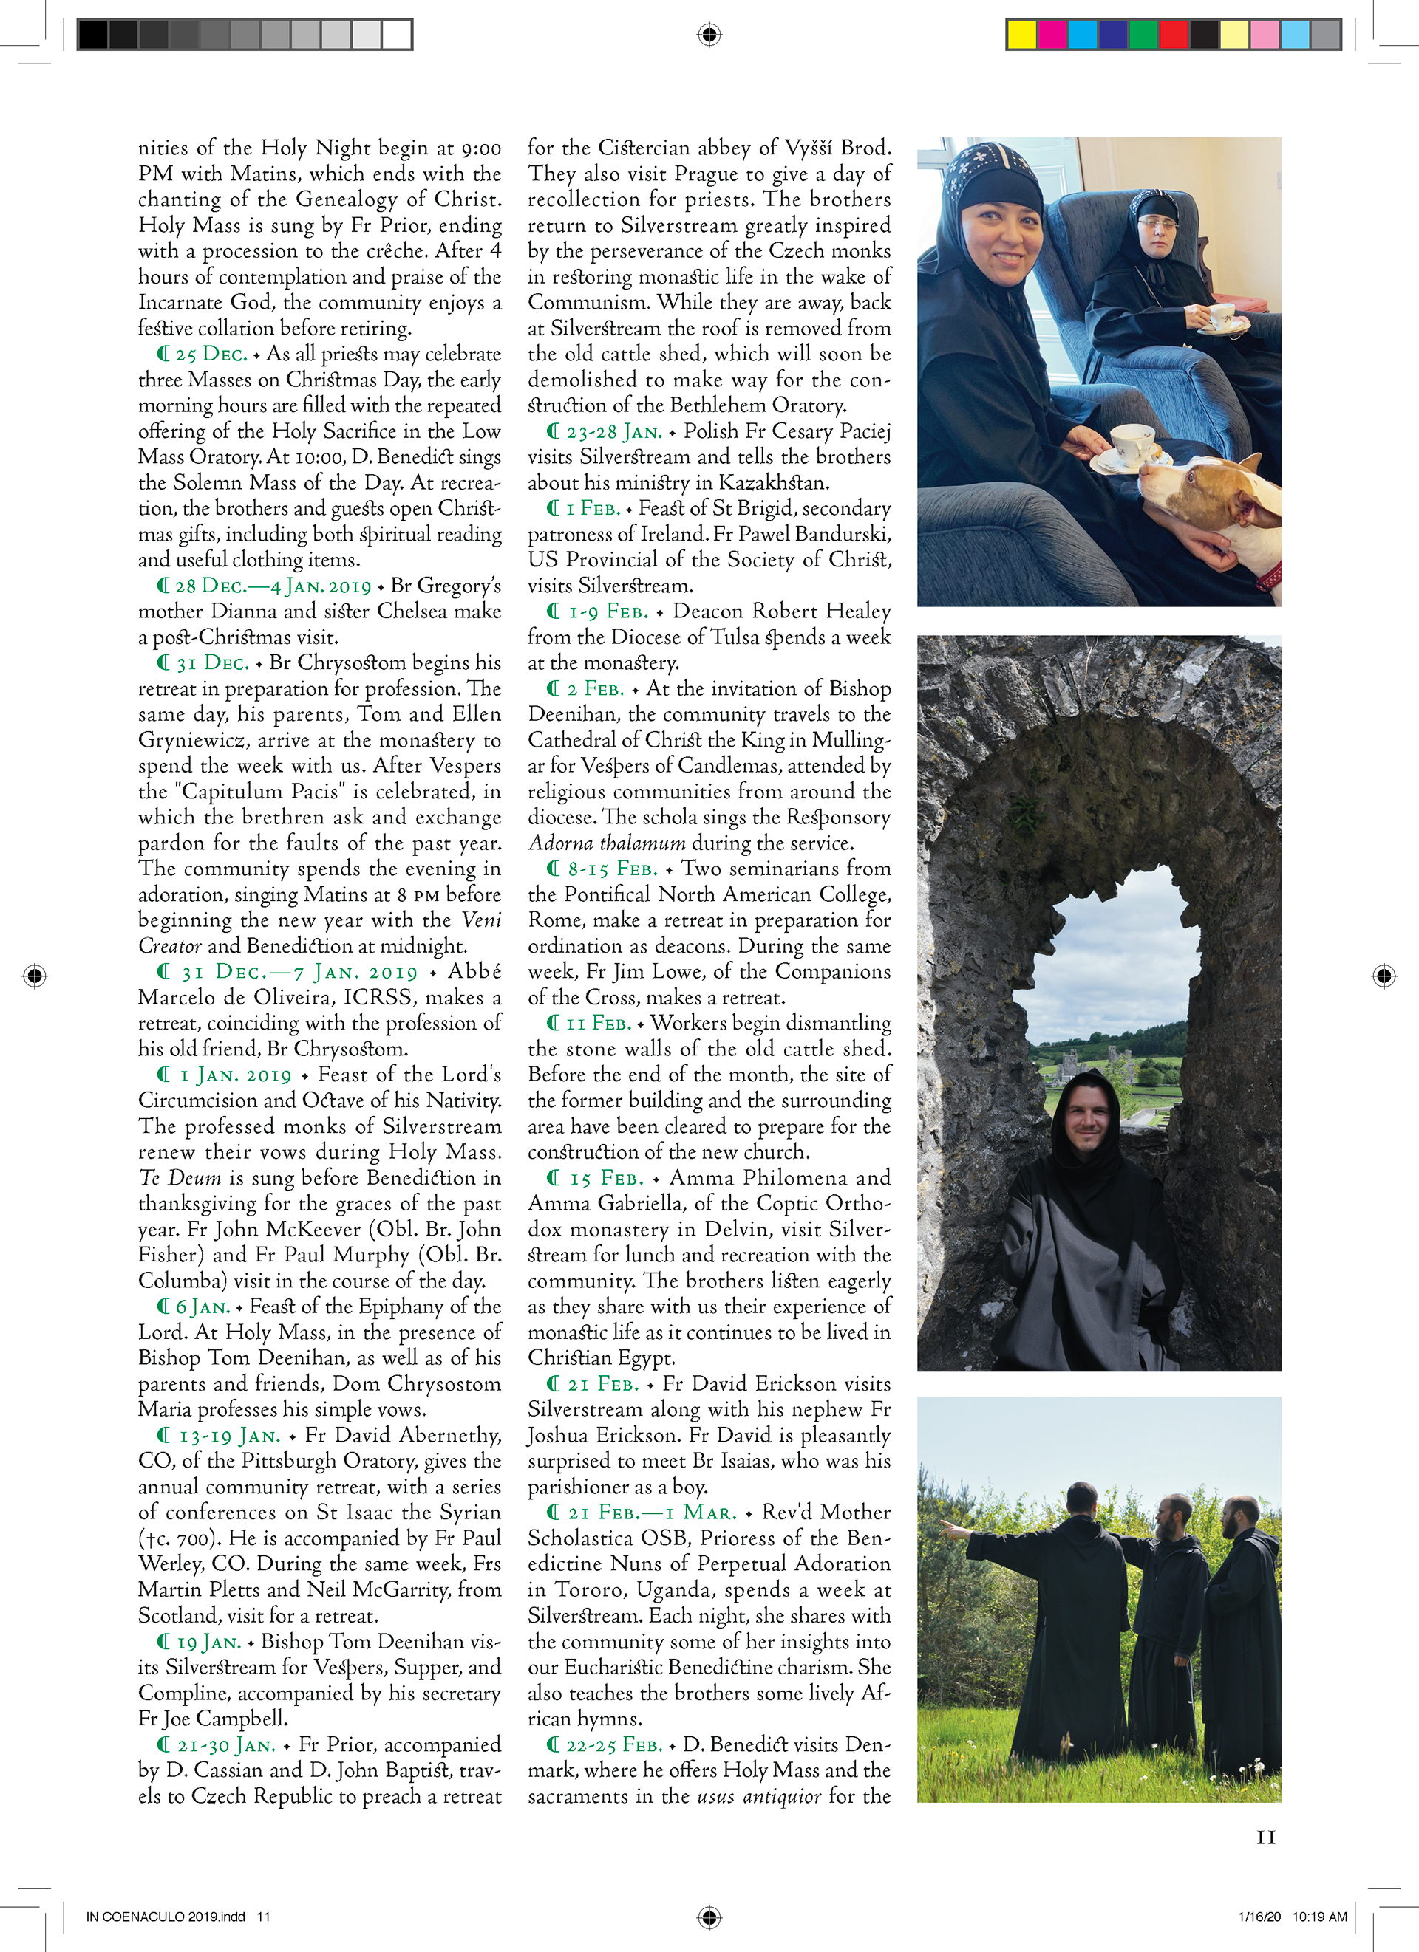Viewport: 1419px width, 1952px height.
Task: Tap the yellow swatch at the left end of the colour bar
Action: pos(1022,35)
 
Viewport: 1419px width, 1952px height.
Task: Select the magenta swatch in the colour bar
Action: pos(1052,35)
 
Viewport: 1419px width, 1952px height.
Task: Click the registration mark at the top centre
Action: pos(709,35)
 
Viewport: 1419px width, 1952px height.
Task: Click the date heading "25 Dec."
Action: pos(211,354)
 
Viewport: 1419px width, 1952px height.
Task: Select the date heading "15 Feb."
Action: pos(606,1178)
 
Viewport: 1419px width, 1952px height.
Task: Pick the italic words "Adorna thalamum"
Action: pos(607,843)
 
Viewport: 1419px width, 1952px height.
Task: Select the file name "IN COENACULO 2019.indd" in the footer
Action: pos(166,1917)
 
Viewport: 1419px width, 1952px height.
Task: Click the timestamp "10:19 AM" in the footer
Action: pos(1319,1917)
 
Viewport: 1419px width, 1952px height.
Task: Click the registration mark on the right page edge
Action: pos(1384,975)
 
